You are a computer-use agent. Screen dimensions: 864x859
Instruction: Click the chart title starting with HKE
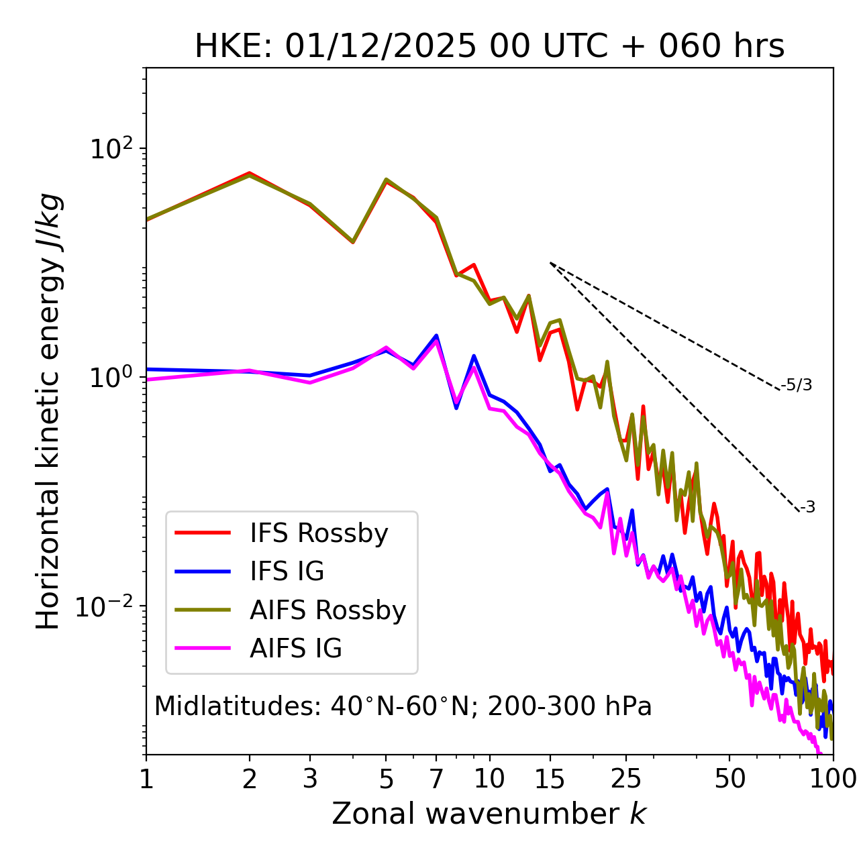(x=489, y=47)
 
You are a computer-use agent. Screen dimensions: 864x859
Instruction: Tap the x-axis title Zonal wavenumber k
(x=489, y=814)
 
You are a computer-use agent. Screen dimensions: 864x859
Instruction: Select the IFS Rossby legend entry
(x=319, y=533)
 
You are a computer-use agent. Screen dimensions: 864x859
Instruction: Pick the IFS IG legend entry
(x=287, y=572)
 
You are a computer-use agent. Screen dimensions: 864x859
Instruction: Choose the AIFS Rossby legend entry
(x=327, y=610)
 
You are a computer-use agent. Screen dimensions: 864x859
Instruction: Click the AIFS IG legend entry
(x=296, y=649)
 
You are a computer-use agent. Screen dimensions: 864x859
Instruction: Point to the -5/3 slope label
(x=797, y=385)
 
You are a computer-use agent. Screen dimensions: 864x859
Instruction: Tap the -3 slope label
(x=807, y=507)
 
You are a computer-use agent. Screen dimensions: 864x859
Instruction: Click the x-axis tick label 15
(x=550, y=779)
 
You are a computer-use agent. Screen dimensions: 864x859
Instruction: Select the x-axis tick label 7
(x=436, y=779)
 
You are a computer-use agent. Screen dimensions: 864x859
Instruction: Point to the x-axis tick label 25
(x=626, y=779)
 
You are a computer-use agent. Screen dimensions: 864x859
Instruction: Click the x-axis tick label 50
(x=729, y=779)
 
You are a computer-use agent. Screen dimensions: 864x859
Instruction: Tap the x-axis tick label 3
(x=310, y=779)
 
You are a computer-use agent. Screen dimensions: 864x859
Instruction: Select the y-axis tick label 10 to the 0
(x=112, y=377)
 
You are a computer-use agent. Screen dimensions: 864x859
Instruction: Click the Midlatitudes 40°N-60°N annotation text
(x=403, y=706)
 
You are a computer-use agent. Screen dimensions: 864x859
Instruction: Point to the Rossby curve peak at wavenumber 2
(x=250, y=174)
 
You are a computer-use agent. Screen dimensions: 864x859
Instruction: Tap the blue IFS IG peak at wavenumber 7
(x=436, y=335)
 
